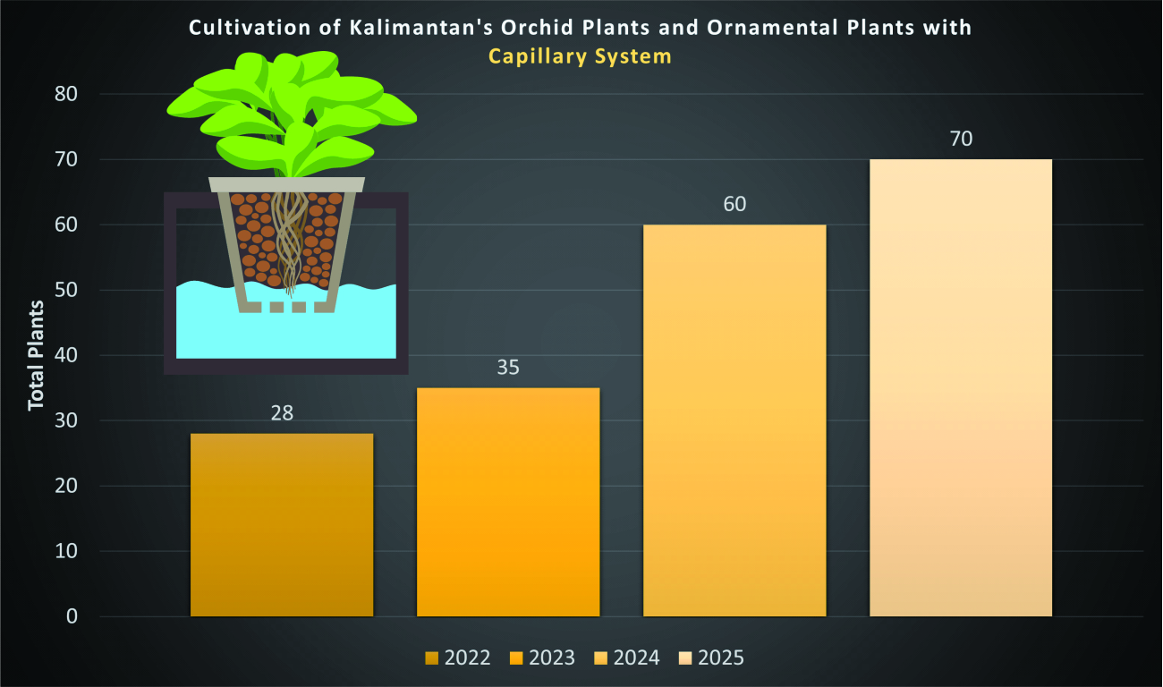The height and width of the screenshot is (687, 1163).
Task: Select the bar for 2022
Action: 282,525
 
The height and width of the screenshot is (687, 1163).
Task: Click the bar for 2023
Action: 508,502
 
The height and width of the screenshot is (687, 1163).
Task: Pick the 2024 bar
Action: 734,420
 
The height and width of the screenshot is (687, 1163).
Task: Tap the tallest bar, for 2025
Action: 961,388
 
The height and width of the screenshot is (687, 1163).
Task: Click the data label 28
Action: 282,413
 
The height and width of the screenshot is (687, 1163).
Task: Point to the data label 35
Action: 508,368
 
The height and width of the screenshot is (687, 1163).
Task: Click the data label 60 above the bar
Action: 734,204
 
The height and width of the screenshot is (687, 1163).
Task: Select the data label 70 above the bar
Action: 961,140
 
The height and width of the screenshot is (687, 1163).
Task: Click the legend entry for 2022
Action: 457,657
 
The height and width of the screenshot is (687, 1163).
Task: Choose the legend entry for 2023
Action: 542,657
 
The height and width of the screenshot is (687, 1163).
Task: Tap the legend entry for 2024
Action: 626,657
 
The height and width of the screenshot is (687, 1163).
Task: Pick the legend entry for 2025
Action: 711,657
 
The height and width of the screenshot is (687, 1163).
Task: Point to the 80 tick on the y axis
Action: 66,94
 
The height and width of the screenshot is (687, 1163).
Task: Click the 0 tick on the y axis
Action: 72,616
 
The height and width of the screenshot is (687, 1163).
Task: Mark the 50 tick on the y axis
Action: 66,290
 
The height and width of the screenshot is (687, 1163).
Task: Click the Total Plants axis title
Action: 36,356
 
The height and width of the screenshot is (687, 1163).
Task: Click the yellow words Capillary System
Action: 580,56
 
